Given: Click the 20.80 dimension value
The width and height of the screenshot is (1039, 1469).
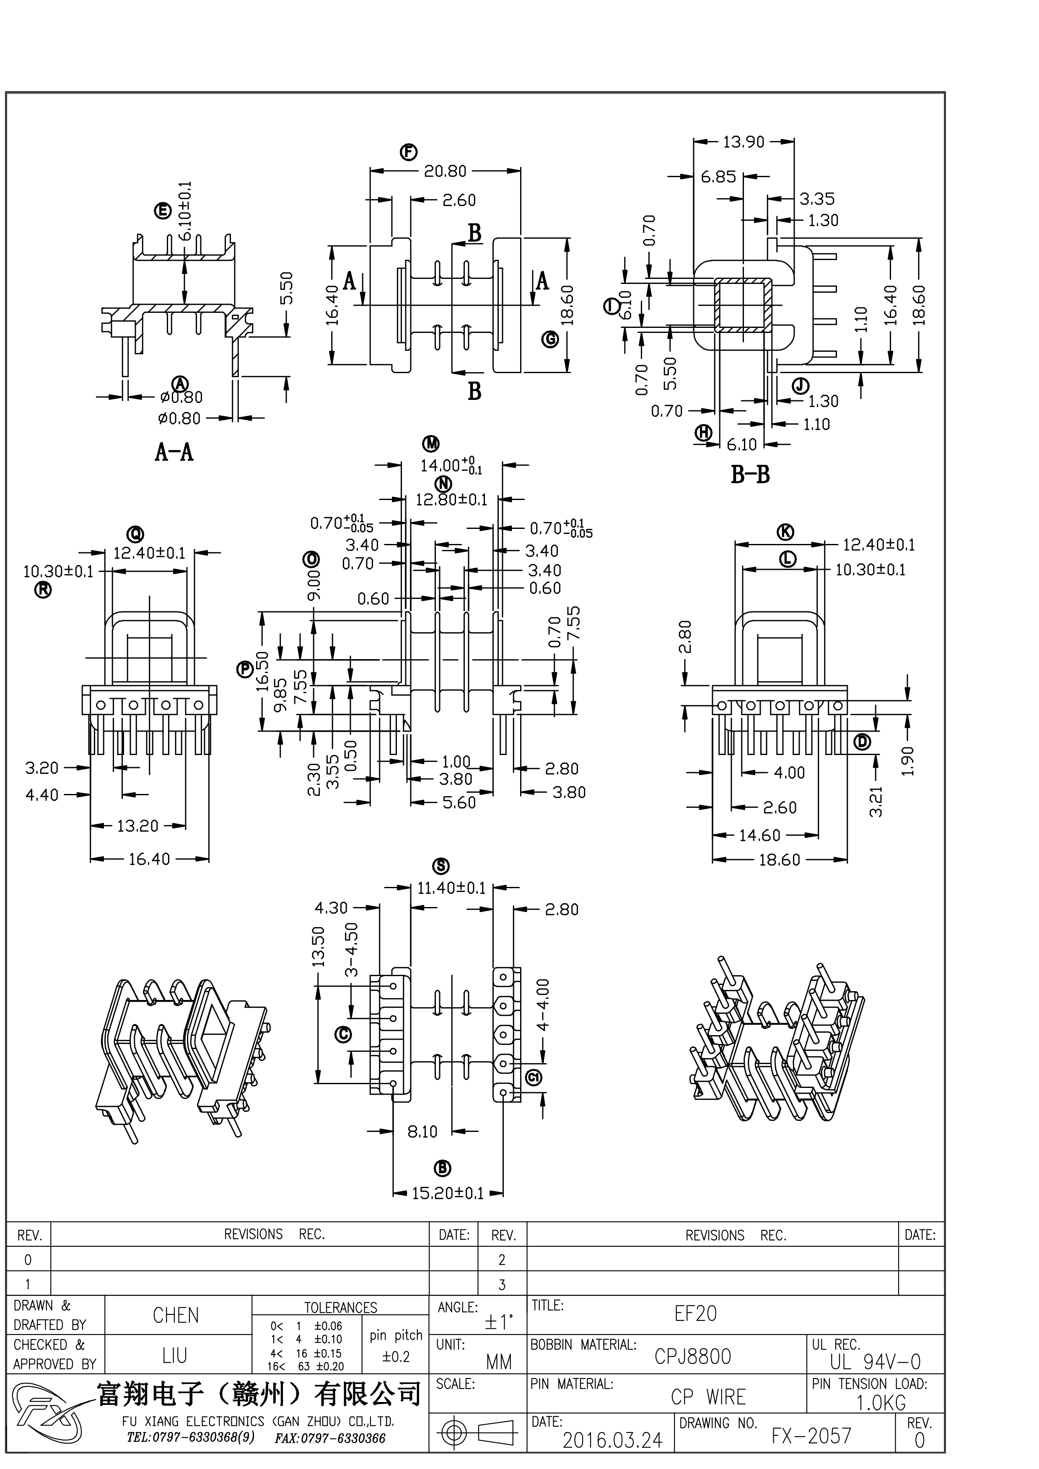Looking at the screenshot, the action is [x=445, y=171].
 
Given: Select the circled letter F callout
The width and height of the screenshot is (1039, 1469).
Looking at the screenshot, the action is [x=408, y=152].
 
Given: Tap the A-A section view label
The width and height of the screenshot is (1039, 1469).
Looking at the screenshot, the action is [x=174, y=452].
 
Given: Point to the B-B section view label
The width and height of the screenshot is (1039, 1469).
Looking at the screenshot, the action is [x=750, y=475].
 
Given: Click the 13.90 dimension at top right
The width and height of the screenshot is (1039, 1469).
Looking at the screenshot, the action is [x=744, y=142].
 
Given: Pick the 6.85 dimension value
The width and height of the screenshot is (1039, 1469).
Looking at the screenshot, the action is [x=718, y=177].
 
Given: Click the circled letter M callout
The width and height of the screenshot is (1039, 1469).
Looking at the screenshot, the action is [x=431, y=443].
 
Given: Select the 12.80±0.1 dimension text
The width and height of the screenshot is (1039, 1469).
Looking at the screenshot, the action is [x=451, y=499].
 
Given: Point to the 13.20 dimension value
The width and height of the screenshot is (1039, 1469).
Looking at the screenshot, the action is [x=137, y=826].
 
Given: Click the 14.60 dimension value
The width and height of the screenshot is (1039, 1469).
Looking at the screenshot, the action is [x=760, y=835].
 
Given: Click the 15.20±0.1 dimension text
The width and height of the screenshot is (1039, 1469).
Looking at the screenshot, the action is [x=448, y=1193].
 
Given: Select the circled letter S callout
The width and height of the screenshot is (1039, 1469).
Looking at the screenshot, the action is [x=441, y=866].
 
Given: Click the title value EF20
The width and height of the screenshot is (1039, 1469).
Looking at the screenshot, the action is [x=696, y=1314].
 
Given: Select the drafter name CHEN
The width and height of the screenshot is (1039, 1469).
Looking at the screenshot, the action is [x=176, y=1315].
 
